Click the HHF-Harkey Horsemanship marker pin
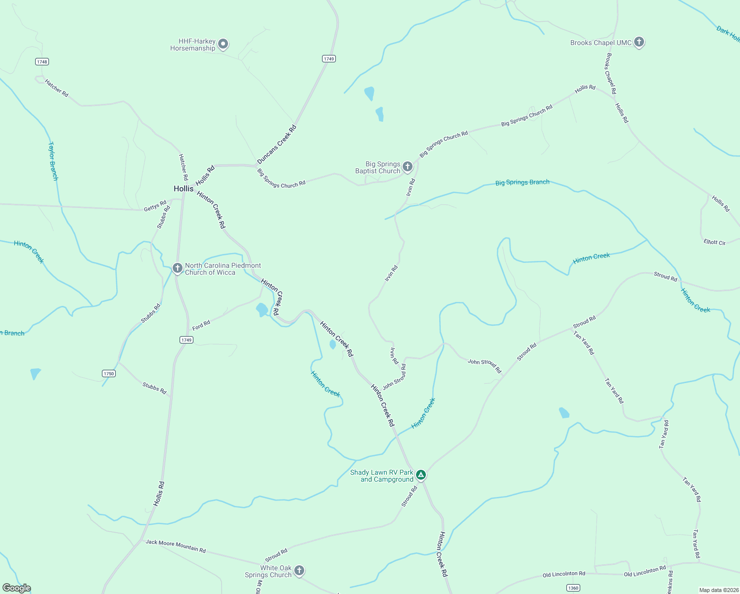[223, 45]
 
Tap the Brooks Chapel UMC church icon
[639, 42]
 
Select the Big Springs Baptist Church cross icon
[407, 167]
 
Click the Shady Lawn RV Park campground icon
[420, 475]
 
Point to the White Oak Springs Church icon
[299, 571]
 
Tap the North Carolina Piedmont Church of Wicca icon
[177, 268]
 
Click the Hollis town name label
[184, 189]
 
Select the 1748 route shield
[42, 62]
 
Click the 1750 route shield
[109, 373]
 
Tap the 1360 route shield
[573, 588]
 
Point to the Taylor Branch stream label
[53, 161]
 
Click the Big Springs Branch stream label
[522, 182]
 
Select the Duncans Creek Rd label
[277, 145]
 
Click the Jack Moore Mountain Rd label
[176, 546]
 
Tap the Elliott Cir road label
[714, 242]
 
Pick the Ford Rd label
[201, 325]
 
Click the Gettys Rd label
[155, 206]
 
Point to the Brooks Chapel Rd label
[611, 74]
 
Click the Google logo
[17, 588]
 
